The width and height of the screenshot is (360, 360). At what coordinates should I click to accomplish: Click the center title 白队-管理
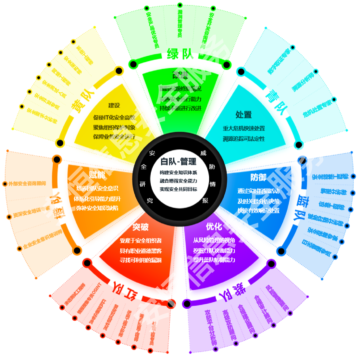[x=178, y=161]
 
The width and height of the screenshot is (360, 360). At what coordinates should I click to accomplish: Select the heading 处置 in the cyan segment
[x=244, y=114]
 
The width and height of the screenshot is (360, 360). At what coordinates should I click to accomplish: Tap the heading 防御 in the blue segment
[x=258, y=177]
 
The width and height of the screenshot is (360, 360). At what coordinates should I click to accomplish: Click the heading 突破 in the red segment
[x=140, y=227]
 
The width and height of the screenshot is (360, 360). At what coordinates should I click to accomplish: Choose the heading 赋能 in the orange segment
[x=97, y=174]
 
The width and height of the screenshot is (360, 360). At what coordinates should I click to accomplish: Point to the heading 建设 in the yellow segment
[x=114, y=105]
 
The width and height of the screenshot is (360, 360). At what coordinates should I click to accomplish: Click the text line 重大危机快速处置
[x=244, y=128]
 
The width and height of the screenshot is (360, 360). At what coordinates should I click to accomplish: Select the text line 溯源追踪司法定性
[x=244, y=139]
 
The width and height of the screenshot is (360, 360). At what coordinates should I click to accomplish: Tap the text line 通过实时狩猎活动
[x=258, y=191]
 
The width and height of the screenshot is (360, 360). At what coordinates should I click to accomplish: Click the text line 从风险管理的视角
[x=214, y=240]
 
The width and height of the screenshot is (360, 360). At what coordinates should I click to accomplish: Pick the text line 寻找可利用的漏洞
[x=140, y=260]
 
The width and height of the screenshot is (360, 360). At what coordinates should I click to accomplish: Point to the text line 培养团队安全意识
[x=97, y=189]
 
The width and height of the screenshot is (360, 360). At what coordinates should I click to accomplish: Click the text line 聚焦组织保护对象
[x=114, y=127]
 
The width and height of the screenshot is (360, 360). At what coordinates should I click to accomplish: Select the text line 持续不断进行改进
[x=180, y=108]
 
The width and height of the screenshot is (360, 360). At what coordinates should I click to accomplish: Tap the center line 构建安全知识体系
[x=178, y=172]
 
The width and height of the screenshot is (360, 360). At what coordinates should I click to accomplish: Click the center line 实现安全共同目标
[x=178, y=189]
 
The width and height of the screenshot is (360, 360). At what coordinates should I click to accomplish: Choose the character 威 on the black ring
[x=203, y=153]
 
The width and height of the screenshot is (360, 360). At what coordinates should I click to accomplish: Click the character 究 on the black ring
[x=150, y=201]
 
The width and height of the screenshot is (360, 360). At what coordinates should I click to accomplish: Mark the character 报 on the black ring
[x=205, y=201]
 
